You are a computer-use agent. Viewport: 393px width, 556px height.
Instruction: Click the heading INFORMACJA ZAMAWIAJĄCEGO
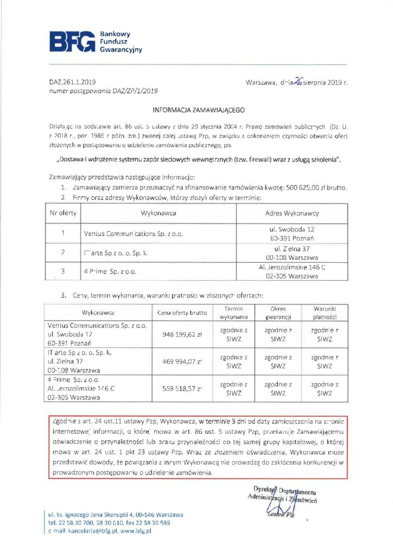tap(195, 109)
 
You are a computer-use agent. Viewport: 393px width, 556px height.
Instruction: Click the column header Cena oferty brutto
tap(182, 313)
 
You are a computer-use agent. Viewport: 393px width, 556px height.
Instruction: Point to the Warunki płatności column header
tap(325, 313)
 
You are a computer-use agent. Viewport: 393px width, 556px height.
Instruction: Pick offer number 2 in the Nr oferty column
tap(63, 252)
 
